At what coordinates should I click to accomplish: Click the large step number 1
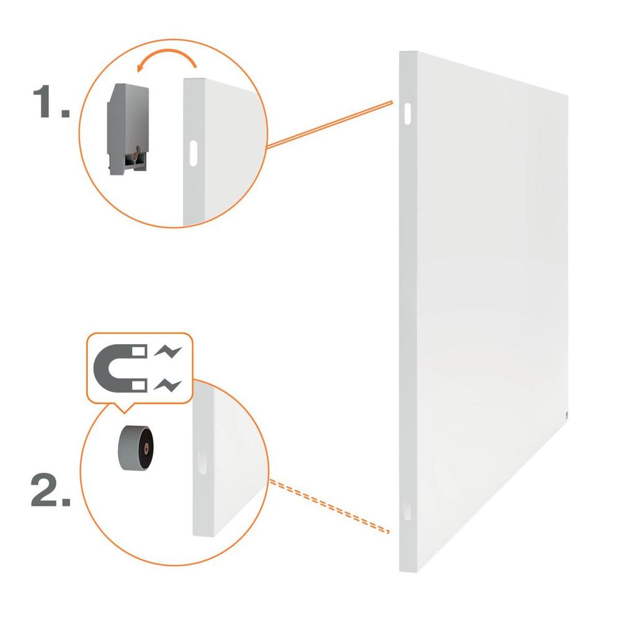[x=42, y=101]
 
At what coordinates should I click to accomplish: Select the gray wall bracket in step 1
[x=127, y=128]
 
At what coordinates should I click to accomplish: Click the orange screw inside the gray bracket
[x=136, y=157]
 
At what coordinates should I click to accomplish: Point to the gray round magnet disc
[x=136, y=449]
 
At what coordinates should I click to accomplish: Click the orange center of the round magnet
[x=146, y=448]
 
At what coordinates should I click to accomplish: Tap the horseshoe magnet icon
[x=120, y=368]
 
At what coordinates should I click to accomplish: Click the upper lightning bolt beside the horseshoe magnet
[x=168, y=351]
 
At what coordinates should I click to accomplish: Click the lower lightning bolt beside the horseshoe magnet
[x=168, y=384]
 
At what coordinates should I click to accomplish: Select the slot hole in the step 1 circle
[x=193, y=153]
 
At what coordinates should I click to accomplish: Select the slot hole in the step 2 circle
[x=202, y=461]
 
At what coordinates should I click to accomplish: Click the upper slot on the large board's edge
[x=407, y=114]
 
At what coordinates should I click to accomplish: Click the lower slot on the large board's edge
[x=407, y=510]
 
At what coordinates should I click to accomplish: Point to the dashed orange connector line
[x=329, y=507]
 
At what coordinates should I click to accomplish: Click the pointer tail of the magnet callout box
[x=124, y=408]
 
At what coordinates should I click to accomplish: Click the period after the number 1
[x=65, y=113]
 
